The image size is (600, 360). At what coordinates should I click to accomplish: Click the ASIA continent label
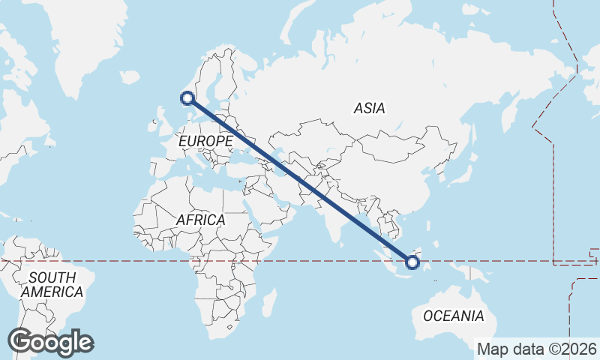(x=369, y=109)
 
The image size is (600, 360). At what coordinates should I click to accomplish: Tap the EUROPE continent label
(x=205, y=141)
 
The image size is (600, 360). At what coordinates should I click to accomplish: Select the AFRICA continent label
(x=200, y=220)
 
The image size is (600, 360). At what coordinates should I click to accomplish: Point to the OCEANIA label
(x=453, y=316)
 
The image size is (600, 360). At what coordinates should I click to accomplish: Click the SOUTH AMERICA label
(x=51, y=285)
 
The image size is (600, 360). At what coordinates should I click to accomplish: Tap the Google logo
(x=50, y=342)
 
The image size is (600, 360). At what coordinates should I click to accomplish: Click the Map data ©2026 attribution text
(x=537, y=349)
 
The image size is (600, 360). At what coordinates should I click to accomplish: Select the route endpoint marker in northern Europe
(x=187, y=97)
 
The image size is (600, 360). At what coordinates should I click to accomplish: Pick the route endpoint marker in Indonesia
(x=412, y=262)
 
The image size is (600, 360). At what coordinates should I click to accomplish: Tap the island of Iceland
(x=130, y=76)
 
